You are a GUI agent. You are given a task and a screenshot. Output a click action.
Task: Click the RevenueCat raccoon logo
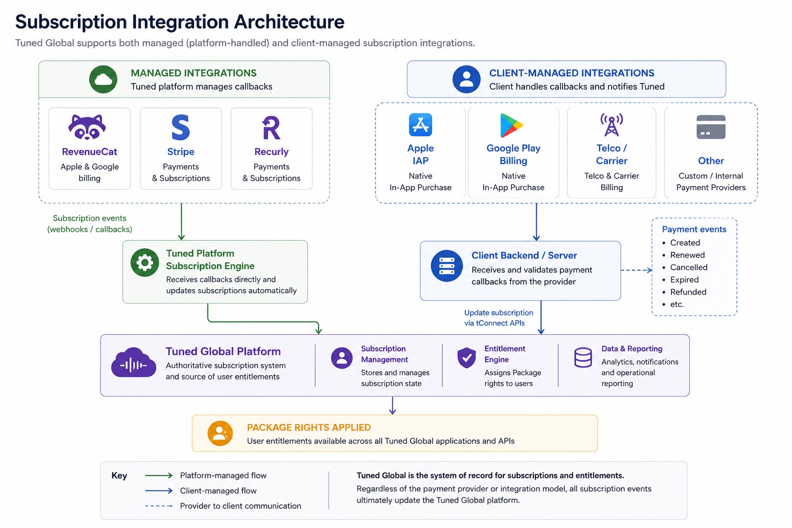coord(87,127)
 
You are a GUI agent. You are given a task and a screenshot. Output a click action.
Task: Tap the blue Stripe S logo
coord(180,127)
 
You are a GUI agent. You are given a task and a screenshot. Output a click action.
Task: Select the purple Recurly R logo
coord(271,128)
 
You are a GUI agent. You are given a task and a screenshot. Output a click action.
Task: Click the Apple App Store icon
coord(420,124)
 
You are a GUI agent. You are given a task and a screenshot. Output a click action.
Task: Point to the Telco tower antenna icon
coord(612,124)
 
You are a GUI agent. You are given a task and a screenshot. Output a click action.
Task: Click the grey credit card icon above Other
coord(711,127)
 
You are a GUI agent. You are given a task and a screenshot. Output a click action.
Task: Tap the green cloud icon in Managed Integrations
coord(103,79)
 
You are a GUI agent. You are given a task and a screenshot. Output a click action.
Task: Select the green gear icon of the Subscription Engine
coord(144,262)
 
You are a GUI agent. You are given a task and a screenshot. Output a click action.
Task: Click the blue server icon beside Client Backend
coord(447,266)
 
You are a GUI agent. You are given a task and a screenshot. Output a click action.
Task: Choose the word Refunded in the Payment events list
coord(688,292)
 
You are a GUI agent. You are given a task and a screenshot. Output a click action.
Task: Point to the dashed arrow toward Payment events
coord(636,270)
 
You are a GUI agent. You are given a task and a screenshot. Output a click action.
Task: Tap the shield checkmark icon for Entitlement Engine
coord(466,357)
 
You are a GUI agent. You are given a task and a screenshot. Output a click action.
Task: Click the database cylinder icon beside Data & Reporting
coord(583,357)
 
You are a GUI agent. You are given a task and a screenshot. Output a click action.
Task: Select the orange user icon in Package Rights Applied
coord(220,433)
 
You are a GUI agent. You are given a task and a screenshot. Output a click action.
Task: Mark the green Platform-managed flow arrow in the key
coord(159,475)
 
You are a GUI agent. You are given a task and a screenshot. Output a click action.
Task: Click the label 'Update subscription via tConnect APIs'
coord(499,318)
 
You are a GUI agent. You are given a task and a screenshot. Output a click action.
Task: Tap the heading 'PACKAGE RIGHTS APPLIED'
coord(309,427)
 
